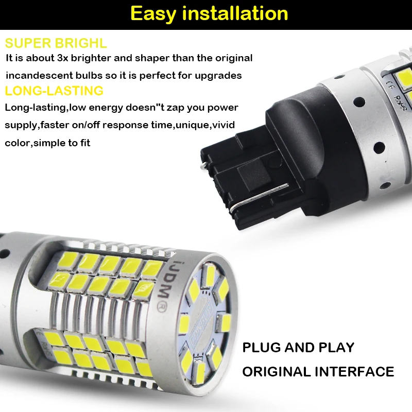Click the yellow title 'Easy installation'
(209, 14)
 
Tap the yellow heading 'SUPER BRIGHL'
(56, 43)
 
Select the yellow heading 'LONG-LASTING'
(54, 91)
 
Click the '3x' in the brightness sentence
(63, 58)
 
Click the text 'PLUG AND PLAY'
(298, 348)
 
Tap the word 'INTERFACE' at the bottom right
(354, 372)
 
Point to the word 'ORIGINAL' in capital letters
(277, 372)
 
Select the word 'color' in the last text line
(18, 143)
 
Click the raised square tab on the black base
(254, 175)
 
